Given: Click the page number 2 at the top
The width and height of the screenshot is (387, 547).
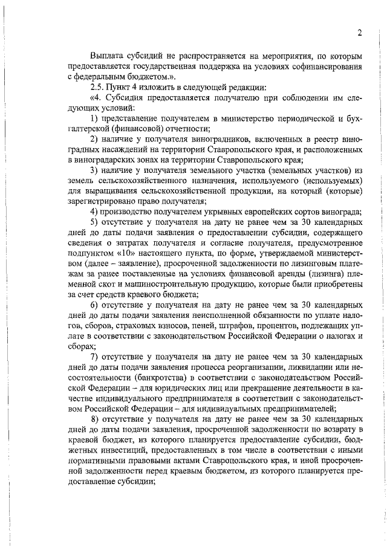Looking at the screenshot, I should [x=359, y=33].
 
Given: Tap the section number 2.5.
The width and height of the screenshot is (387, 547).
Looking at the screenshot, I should [x=96, y=88].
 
